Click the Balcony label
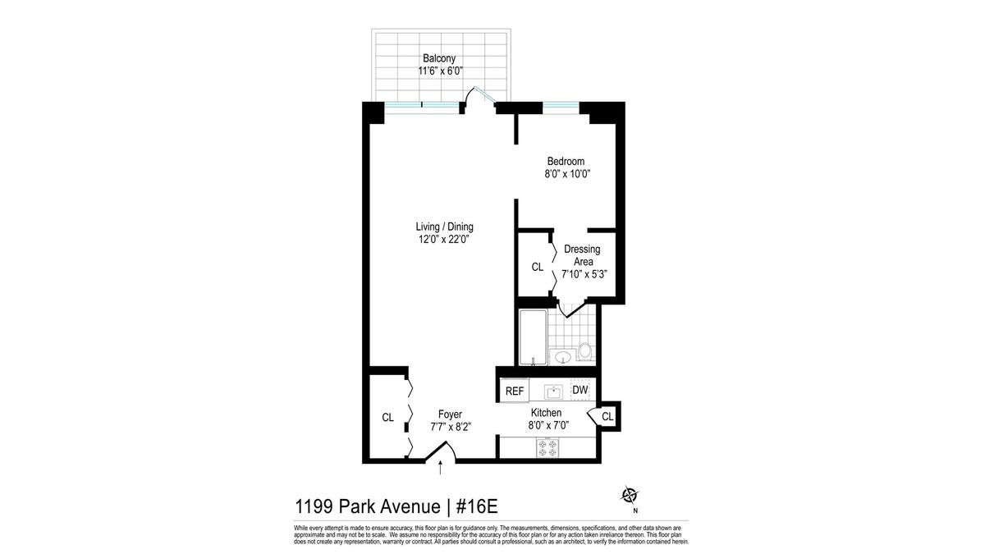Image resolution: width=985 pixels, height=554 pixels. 439,58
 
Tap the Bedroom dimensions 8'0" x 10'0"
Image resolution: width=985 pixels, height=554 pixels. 567,174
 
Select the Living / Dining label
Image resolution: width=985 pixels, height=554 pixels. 445,227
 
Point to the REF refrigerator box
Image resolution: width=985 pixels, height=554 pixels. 515,391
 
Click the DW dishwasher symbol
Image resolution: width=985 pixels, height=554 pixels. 580,390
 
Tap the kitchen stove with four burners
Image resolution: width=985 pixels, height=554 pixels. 547,447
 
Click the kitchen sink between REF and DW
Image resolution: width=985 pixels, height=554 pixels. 553,391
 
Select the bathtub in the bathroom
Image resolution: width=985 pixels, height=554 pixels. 533,337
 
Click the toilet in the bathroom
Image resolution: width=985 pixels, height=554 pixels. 584,352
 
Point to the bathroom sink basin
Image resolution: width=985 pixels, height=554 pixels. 562,356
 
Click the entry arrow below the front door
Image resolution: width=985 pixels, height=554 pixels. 441,468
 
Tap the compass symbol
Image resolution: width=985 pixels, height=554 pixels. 630,496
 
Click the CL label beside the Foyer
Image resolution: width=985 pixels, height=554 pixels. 387,417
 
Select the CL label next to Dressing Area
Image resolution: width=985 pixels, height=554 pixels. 538,267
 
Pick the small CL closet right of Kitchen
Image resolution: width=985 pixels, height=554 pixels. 607,416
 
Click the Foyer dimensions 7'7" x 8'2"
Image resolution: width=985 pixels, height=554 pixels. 451,427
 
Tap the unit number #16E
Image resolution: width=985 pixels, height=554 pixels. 477,506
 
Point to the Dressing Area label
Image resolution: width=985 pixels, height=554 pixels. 582,255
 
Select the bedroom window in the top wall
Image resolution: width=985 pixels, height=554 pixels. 561,108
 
